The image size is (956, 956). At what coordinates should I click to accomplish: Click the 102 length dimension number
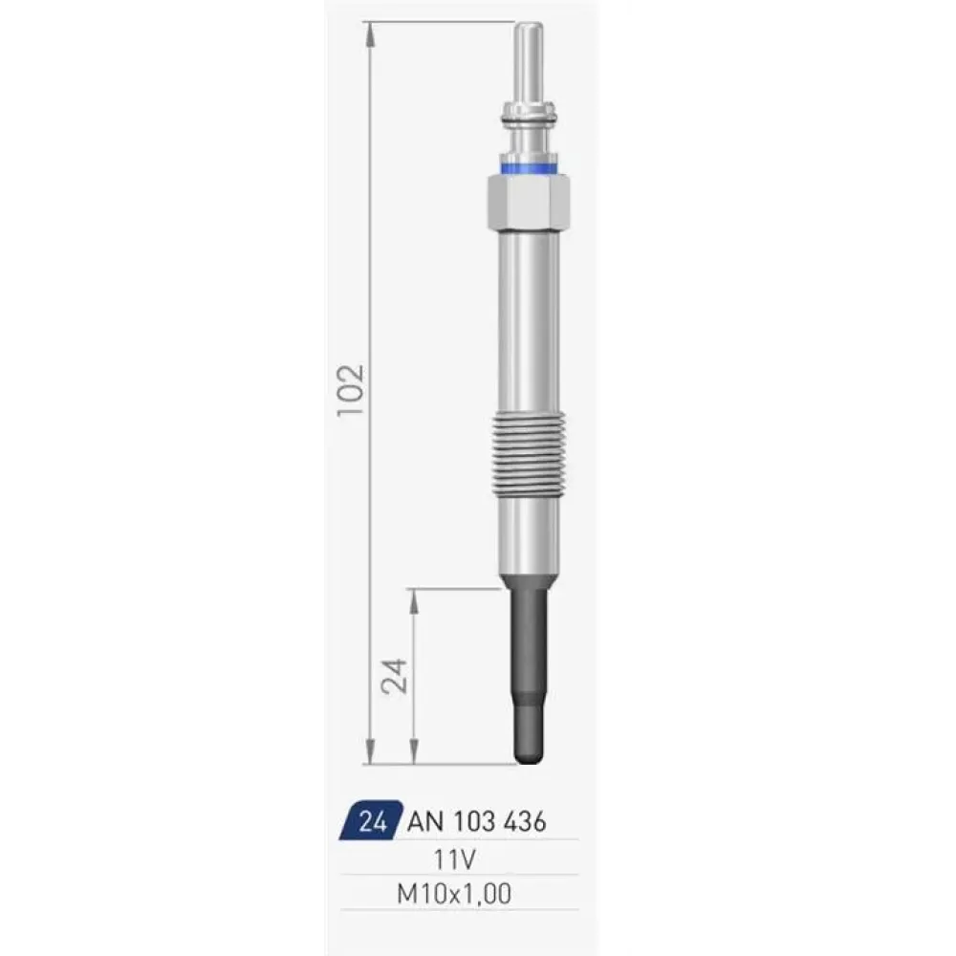[x=351, y=390]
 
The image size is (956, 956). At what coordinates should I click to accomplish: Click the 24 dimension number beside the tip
[x=394, y=676]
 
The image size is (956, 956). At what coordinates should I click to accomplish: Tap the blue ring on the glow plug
[x=529, y=167]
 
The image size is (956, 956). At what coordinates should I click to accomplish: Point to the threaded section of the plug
[x=529, y=453]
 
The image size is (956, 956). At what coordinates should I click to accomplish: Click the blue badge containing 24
[x=371, y=820]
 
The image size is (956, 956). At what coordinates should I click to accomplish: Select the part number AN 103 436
[x=476, y=822]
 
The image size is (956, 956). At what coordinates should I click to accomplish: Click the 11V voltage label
[x=454, y=859]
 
